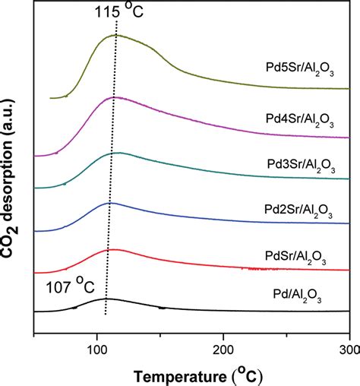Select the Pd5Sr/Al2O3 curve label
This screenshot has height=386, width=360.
(x=294, y=66)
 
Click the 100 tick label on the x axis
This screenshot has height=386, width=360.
(x=97, y=350)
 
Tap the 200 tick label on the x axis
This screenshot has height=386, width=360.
(x=223, y=350)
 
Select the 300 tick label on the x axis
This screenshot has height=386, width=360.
(x=347, y=350)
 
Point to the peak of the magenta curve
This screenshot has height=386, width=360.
(x=114, y=97)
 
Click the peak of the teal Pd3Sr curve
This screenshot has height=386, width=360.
(x=118, y=153)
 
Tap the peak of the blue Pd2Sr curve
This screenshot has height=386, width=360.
(x=111, y=203)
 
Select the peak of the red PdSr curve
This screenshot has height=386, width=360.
(x=110, y=249)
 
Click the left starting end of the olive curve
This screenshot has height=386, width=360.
(x=50, y=98)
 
